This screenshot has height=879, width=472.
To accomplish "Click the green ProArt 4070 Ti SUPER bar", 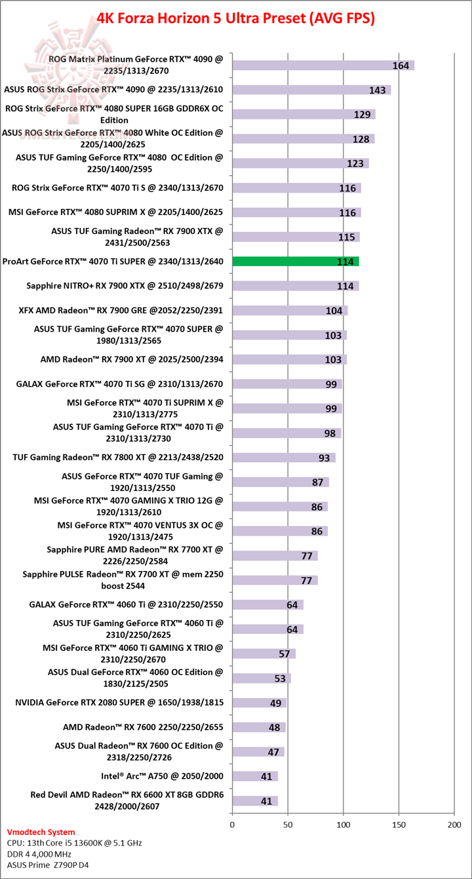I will (x=295, y=262).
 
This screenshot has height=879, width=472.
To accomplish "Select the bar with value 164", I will (x=323, y=65).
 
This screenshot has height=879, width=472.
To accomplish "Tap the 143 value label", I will (x=377, y=90).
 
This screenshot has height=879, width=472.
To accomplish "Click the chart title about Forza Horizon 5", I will (x=236, y=18).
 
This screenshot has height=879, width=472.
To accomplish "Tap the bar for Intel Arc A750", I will (x=254, y=776).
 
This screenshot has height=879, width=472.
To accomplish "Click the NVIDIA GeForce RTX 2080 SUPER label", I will (x=119, y=703).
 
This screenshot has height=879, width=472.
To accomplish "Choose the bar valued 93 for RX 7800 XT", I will (x=283, y=458).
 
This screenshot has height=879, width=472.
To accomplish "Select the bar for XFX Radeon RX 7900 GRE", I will (x=289, y=311).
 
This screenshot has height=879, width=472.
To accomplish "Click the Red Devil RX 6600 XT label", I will (x=127, y=800).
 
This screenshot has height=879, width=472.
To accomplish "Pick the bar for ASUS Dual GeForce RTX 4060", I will (x=261, y=678).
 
